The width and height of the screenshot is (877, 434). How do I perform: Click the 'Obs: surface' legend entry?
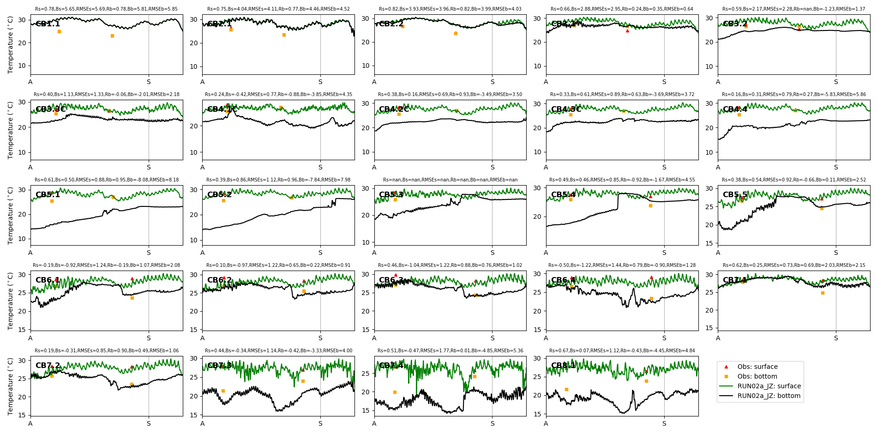(x=757, y=367)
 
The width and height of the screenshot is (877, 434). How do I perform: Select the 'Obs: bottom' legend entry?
(x=757, y=376)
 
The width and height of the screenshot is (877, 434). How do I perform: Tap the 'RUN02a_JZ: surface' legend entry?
(x=769, y=386)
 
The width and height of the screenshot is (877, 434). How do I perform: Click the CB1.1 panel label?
(x=48, y=24)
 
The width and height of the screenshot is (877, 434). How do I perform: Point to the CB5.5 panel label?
(x=735, y=195)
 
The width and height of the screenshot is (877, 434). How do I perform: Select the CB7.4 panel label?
(x=391, y=366)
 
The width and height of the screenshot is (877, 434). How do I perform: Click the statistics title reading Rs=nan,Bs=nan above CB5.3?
(x=450, y=180)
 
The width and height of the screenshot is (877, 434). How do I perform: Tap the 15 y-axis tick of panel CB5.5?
(x=709, y=243)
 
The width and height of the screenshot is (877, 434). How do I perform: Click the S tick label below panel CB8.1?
(x=664, y=423)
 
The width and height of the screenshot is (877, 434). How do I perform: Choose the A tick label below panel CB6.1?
(x=30, y=338)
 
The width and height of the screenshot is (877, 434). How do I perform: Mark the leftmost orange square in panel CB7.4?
(x=395, y=392)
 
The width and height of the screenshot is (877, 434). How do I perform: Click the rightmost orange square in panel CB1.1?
(x=112, y=36)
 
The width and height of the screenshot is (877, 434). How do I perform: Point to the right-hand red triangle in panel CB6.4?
(x=651, y=277)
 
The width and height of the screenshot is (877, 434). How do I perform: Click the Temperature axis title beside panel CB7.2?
(x=11, y=386)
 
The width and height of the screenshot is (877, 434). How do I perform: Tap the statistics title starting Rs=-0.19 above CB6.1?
(x=106, y=265)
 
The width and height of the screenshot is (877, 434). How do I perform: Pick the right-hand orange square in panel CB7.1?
(x=823, y=293)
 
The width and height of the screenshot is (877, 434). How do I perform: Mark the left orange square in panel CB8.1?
(x=566, y=389)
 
